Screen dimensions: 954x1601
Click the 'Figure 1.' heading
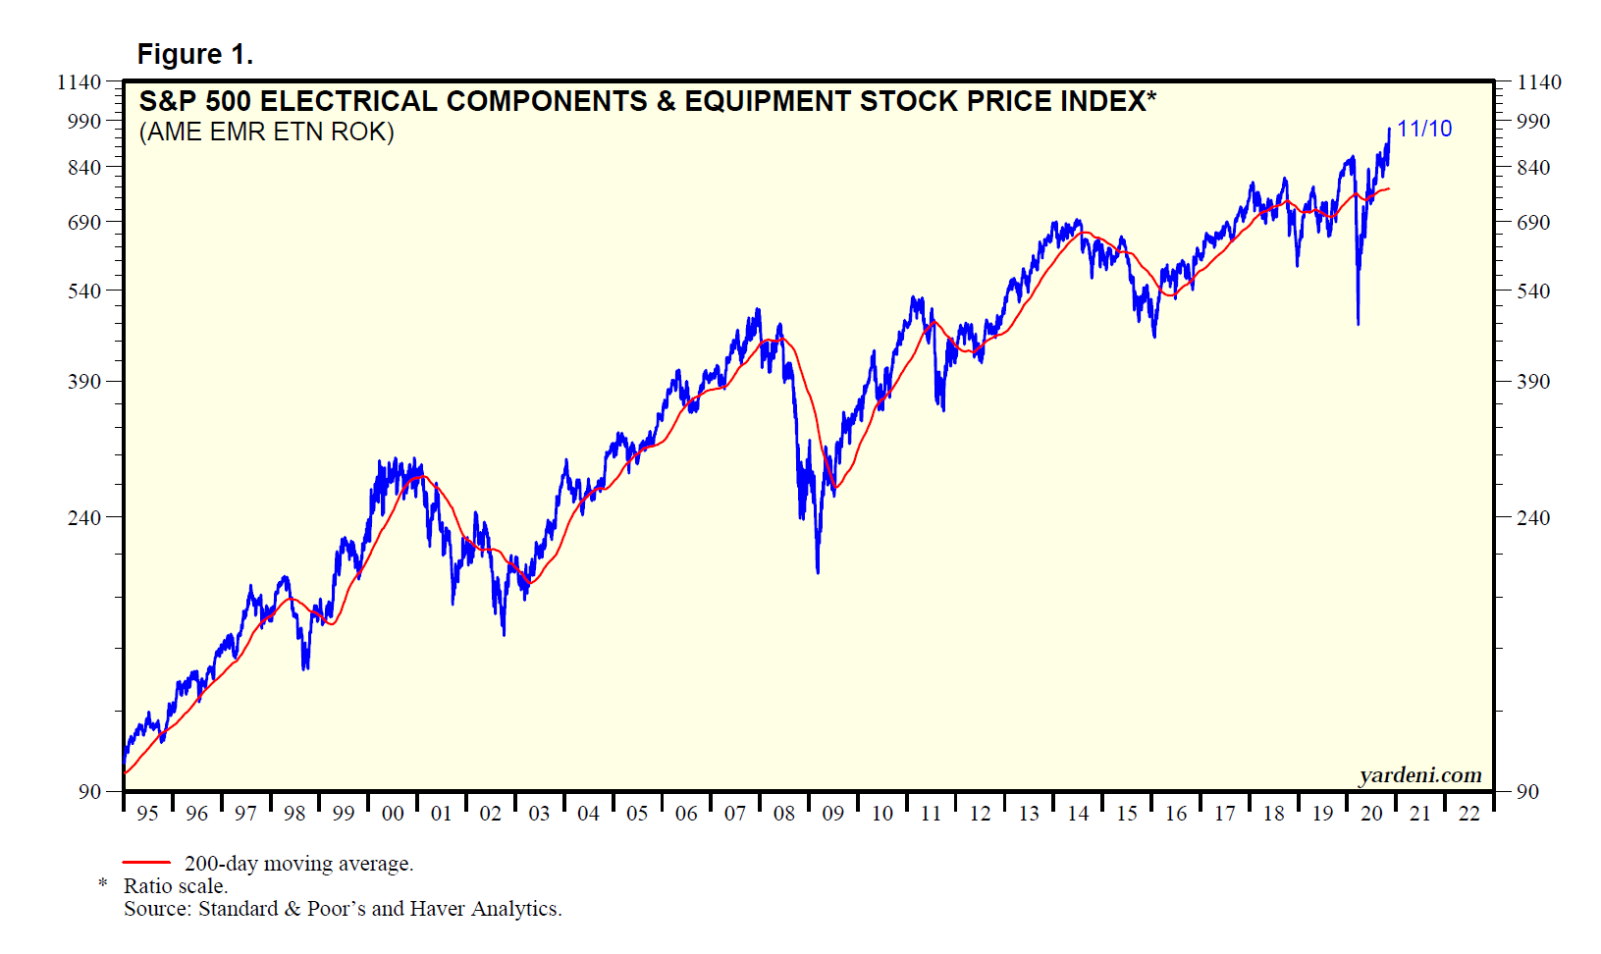click(194, 55)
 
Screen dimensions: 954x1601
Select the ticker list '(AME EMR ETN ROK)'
click(266, 132)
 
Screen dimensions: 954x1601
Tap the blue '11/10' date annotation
click(1423, 129)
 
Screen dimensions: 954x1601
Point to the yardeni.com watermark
click(1419, 775)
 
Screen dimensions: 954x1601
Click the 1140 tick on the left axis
click(80, 82)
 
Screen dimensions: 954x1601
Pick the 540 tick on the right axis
click(1533, 291)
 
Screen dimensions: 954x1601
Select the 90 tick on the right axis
click(1527, 792)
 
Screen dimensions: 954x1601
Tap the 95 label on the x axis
click(147, 814)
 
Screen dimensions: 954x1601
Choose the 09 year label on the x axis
click(832, 814)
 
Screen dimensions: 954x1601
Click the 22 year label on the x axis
click(1468, 814)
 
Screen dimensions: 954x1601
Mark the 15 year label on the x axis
click(1127, 814)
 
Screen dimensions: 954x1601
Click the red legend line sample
click(146, 864)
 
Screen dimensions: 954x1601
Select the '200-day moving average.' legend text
click(298, 864)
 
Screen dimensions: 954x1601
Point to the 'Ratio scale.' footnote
click(176, 886)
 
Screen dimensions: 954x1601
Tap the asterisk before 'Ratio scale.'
click(103, 885)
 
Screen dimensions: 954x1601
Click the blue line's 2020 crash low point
click(1358, 324)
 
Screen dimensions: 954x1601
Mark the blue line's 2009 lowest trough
click(818, 572)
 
